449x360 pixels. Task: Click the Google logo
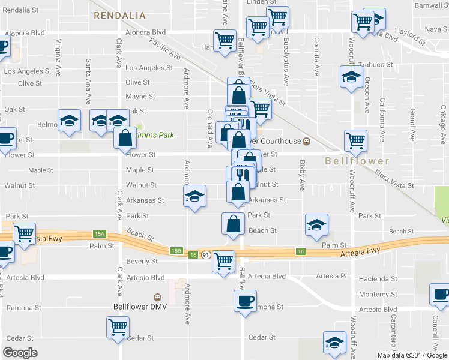(20, 353)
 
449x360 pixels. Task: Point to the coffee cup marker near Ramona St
(245, 301)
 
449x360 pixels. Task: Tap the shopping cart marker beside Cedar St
(118, 328)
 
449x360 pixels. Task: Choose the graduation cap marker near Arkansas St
(194, 196)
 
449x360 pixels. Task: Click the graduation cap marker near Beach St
(317, 225)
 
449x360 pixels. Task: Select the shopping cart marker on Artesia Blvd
(224, 261)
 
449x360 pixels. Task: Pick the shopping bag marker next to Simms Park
(125, 137)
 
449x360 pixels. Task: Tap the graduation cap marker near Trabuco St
(352, 77)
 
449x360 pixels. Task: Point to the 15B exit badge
(176, 251)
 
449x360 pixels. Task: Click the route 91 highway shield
(205, 255)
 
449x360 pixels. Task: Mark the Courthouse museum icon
(306, 142)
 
